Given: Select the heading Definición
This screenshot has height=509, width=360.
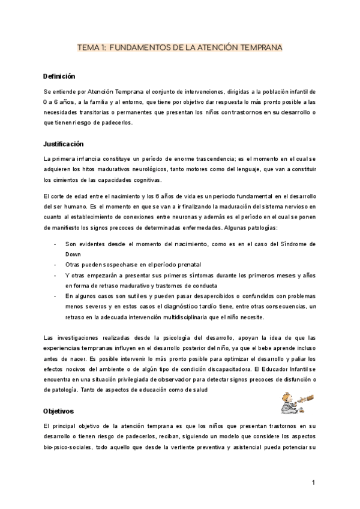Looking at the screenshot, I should (x=59, y=77).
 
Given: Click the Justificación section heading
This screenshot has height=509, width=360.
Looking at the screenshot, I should (x=64, y=144).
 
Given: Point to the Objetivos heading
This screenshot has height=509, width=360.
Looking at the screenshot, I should (x=58, y=411).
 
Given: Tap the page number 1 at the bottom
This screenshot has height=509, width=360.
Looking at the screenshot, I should (x=314, y=483).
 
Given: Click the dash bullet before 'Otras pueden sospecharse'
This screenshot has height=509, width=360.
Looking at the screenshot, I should (x=55, y=265).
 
